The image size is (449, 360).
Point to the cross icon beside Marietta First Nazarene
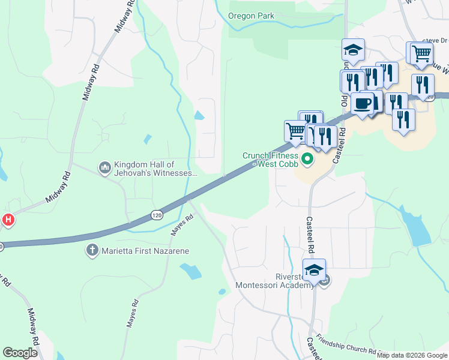92,250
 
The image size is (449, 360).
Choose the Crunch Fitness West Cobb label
271,159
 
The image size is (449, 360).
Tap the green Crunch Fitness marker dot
308,159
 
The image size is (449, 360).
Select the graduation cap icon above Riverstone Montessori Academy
313,270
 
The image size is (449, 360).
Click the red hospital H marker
7,220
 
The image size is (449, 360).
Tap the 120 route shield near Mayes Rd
157,214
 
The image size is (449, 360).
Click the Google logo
20,352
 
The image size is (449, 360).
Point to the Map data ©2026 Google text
412,356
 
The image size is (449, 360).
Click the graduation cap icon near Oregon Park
354,50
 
